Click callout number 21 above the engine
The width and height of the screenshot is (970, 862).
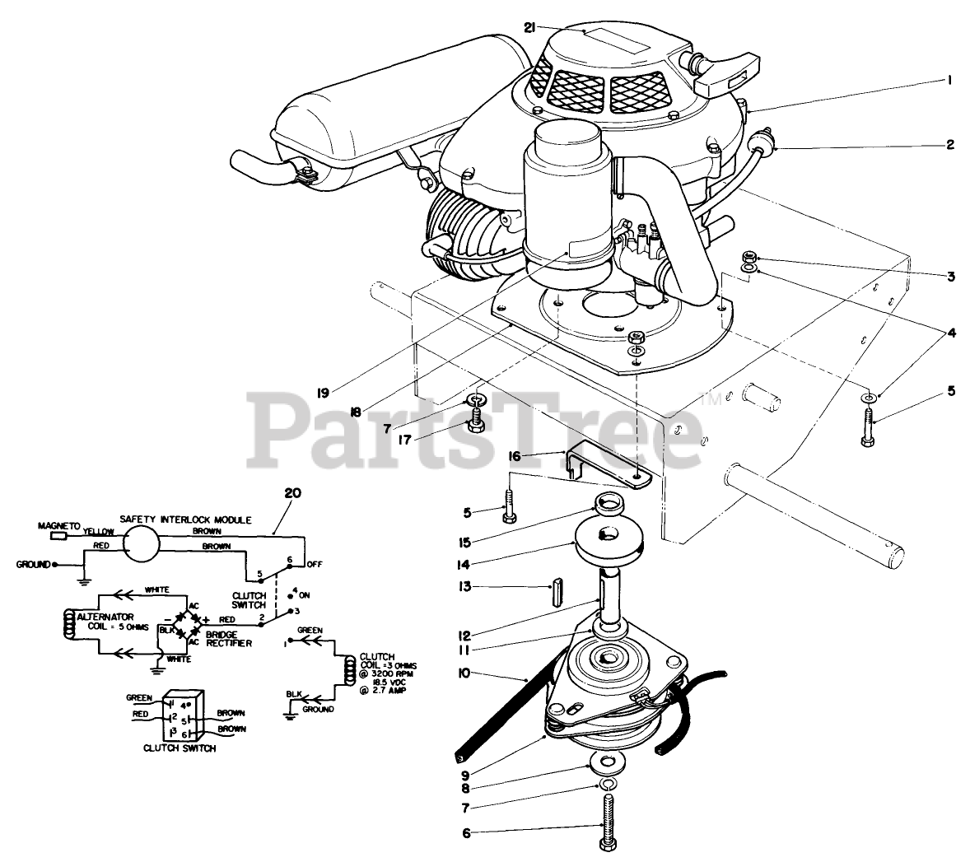(529, 27)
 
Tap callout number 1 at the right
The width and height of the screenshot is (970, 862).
(949, 80)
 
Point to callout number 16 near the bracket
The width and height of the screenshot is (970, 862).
(537, 454)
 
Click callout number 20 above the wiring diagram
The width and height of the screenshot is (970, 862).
(292, 494)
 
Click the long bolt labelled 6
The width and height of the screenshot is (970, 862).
(607, 816)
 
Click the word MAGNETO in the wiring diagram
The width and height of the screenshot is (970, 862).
(58, 525)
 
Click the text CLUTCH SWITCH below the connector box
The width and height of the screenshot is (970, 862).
(180, 748)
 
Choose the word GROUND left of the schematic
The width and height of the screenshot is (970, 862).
(33, 565)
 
